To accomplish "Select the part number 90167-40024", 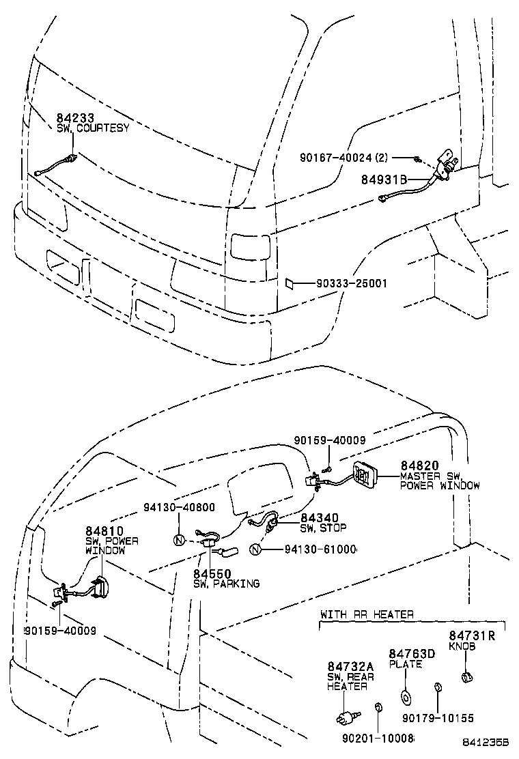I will (x=345, y=157).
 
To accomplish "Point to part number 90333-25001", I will (x=352, y=283).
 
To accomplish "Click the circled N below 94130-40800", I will (x=180, y=540).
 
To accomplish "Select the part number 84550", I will (x=212, y=573).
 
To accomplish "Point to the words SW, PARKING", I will (x=226, y=584).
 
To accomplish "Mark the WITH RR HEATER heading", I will (x=367, y=614).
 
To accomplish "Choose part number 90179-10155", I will (x=438, y=718).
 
